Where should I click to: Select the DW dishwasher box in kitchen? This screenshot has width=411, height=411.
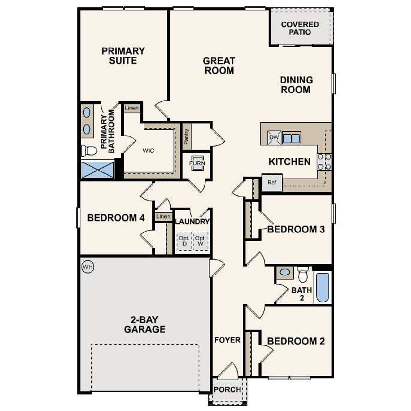[x=275, y=137]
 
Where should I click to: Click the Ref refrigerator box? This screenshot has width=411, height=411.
[x=272, y=182]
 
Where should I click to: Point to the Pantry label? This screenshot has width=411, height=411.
[x=187, y=136]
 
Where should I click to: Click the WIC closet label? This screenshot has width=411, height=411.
[x=148, y=150]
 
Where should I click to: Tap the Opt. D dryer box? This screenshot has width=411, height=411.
[x=184, y=241]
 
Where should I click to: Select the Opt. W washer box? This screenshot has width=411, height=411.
[x=200, y=241]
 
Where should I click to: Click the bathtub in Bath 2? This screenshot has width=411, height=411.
[x=322, y=287]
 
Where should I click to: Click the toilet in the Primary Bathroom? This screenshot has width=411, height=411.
[x=89, y=150]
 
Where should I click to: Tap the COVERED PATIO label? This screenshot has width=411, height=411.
[x=300, y=28]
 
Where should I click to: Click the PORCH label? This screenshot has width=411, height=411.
[x=227, y=389]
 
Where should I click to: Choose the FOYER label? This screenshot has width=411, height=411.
[x=227, y=340]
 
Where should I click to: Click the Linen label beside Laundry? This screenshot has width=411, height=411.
[x=163, y=216]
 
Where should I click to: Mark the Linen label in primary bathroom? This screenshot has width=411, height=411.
[x=132, y=108]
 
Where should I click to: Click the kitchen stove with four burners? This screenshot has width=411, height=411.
[x=324, y=162]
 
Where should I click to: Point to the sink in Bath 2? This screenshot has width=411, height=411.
[x=285, y=272]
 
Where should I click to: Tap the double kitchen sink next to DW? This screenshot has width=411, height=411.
[x=291, y=138]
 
